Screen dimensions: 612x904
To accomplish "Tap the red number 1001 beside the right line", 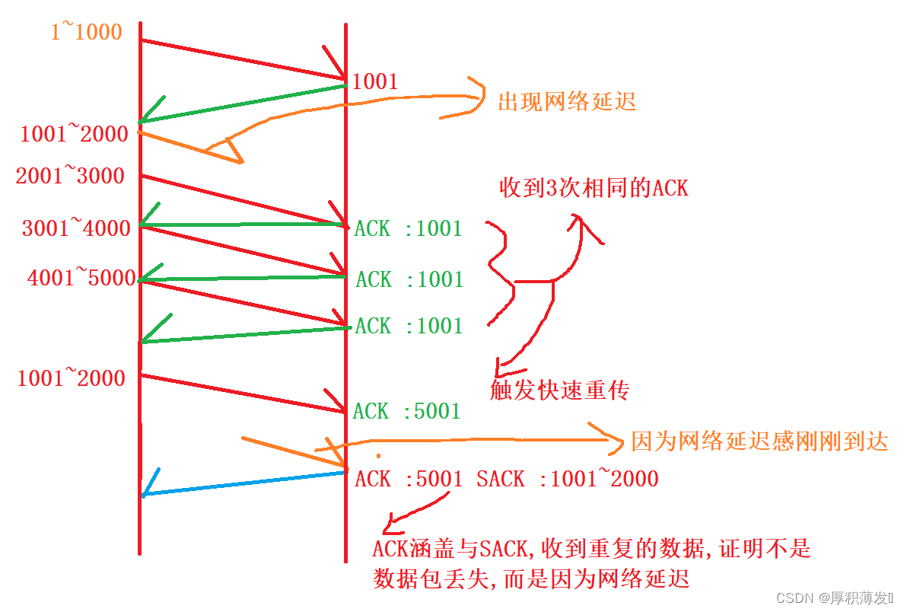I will coord(374,82).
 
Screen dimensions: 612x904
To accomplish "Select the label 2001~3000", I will coord(70,176).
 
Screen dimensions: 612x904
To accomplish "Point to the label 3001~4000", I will coord(76,228).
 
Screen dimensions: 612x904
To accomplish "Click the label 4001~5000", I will coord(81,278).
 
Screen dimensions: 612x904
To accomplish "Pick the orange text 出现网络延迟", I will coord(567,102).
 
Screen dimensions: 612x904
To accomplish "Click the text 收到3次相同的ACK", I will coord(594,187).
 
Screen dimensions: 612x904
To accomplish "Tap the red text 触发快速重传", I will coord(560,390).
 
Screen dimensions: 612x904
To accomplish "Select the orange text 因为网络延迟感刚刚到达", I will coord(759,441).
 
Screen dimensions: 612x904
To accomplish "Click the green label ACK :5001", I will coord(407,412).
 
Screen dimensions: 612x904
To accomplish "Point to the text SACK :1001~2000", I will coord(568,479).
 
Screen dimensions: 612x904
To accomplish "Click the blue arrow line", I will coord(244,484).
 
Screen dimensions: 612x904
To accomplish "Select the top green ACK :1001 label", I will coord(409,228).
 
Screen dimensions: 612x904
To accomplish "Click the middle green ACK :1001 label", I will coord(409,279).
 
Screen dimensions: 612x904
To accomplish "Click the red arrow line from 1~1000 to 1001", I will coord(244,59).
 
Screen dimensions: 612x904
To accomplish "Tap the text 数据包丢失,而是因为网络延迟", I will coord(531,579).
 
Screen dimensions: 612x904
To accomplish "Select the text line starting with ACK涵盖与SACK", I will coord(592,547).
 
